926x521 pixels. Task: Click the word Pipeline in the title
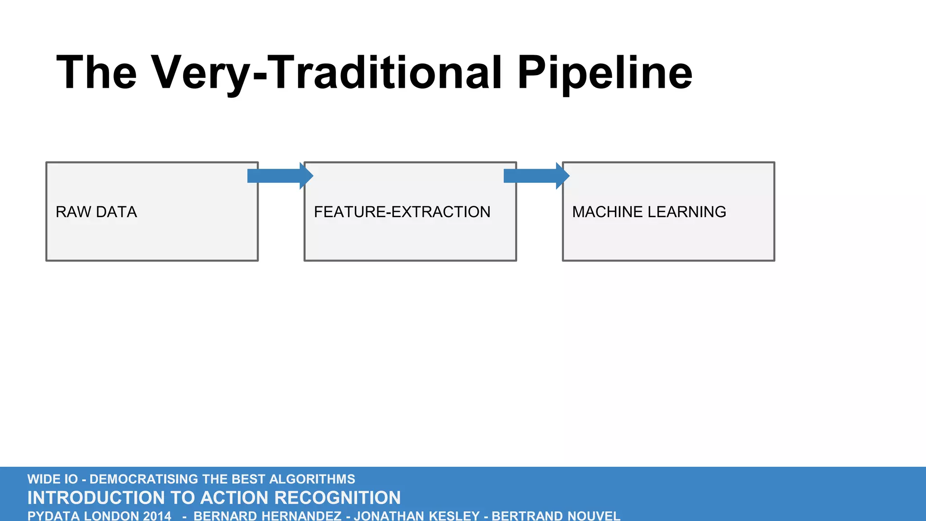(x=605, y=72)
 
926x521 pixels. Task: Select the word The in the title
(x=96, y=72)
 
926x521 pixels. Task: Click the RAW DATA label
(x=96, y=212)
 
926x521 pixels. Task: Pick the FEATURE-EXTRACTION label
(x=402, y=212)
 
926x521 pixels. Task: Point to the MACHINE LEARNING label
(x=649, y=212)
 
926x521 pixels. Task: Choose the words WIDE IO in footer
(x=52, y=479)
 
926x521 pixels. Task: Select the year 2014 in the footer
(x=157, y=516)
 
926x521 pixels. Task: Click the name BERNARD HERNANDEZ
(x=267, y=516)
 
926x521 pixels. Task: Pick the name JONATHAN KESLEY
(x=416, y=516)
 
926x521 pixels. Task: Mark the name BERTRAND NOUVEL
(x=556, y=516)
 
